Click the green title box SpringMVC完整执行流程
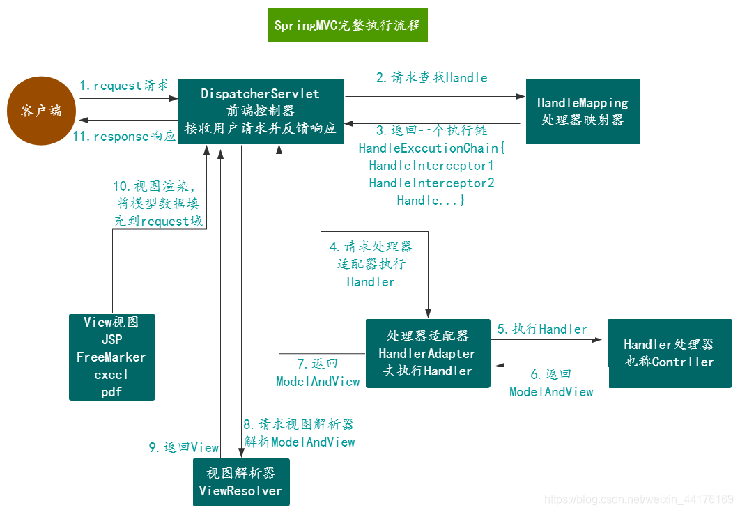coord(347,26)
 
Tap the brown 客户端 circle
coord(41,111)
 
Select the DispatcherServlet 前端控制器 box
coord(261,111)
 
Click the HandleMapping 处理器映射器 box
coord(583,111)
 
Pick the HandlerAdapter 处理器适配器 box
coord(428,353)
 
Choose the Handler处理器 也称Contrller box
coord(669,353)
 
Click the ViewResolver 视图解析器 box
coord(240,482)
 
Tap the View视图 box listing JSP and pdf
coord(111,357)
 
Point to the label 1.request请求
coord(124,86)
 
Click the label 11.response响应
coord(124,137)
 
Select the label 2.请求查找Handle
coord(431,77)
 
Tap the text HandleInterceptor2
coord(431,183)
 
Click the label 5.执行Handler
coord(542,329)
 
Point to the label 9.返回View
coord(183,448)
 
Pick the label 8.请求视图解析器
coord(299,424)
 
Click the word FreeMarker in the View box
coord(111,357)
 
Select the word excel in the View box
coord(111,375)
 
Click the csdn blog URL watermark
coord(638,499)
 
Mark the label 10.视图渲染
coord(155,187)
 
